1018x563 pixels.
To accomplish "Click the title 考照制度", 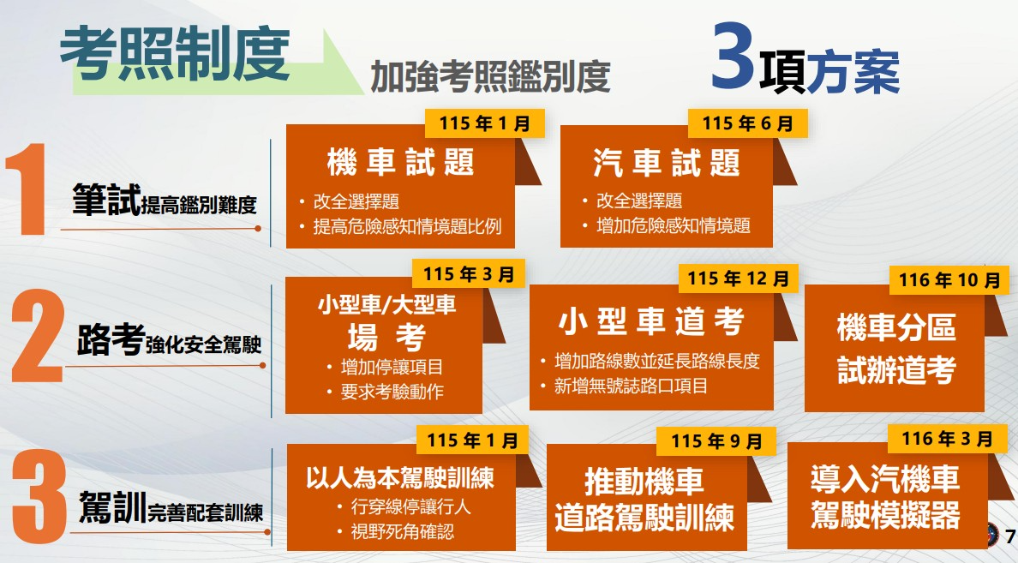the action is [175, 55].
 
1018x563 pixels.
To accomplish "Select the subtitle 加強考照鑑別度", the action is [490, 76].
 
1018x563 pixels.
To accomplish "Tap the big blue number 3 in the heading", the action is [733, 57].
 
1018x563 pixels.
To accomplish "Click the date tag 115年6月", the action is [748, 123].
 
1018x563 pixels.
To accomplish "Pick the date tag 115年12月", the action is [738, 279].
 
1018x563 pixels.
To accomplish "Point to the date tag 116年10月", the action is [949, 280].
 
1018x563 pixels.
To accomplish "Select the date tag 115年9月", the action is [716, 441].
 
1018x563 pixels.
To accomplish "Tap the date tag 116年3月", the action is [947, 439].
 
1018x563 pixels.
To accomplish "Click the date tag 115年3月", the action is [469, 274].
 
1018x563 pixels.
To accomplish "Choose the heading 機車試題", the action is [400, 162].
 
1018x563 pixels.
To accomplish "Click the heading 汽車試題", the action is [666, 162].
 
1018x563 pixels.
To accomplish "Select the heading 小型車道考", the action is [651, 321].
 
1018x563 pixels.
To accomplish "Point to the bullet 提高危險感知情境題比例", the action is [407, 226].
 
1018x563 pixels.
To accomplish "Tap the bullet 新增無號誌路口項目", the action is [631, 386].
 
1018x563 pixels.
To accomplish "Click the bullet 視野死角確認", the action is [403, 532].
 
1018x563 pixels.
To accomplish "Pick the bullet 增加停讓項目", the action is [392, 367].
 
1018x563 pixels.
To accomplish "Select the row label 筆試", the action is [105, 199].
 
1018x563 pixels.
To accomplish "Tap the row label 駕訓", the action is [111, 507].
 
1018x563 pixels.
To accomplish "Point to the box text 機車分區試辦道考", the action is [896, 349].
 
